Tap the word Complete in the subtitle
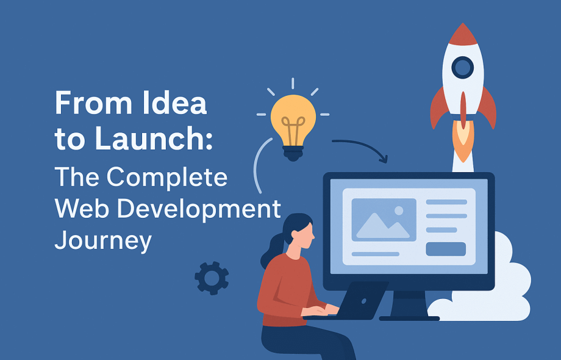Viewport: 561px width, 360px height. click(x=166, y=177)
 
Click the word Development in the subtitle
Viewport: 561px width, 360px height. click(x=199, y=210)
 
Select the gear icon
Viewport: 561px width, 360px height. click(x=212, y=278)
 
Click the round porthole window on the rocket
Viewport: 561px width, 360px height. click(x=463, y=67)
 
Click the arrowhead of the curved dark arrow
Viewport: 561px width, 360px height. click(x=383, y=159)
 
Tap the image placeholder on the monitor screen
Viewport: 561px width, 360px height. click(x=384, y=220)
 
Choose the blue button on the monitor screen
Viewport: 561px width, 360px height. click(x=446, y=249)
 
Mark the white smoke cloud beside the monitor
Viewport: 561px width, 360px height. click(x=490, y=286)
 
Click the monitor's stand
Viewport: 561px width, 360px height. click(x=409, y=305)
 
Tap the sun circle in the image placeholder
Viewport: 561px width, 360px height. click(x=399, y=211)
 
